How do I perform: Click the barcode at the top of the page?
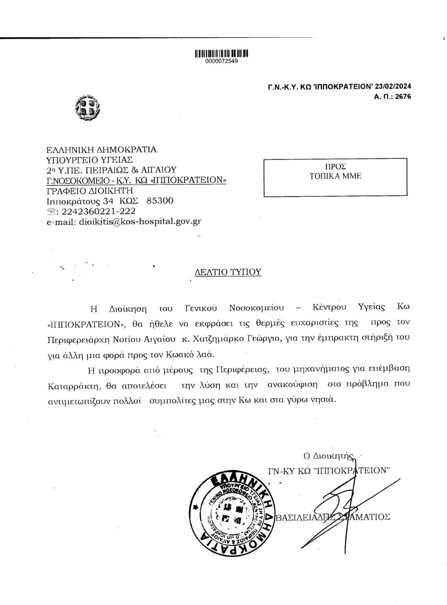pos(221,53)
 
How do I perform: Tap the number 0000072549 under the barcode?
pos(221,61)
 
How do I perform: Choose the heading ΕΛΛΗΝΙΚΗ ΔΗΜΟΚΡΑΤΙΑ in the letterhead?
pos(101,149)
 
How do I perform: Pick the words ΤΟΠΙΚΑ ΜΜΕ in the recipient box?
pos(335,175)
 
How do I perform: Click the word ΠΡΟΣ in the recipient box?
pos(335,166)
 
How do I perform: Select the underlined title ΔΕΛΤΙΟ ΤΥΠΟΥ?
pos(228,272)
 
